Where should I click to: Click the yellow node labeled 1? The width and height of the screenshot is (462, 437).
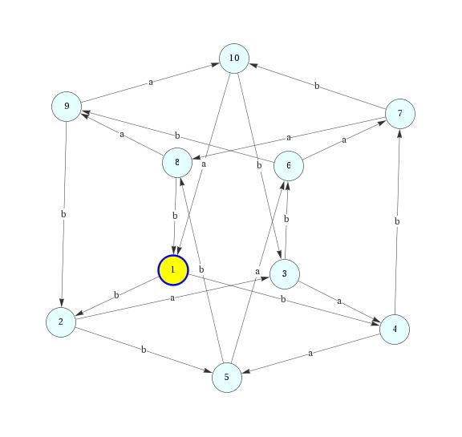pyautogui.click(x=173, y=270)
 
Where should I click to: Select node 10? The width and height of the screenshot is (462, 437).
pyautogui.click(x=234, y=59)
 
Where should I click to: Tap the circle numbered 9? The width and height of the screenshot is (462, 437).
pyautogui.click(x=67, y=107)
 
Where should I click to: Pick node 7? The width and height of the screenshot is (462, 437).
pyautogui.click(x=400, y=114)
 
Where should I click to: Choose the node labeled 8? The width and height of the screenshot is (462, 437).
pyautogui.click(x=177, y=163)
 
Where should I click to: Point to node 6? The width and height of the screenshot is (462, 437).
pyautogui.click(x=289, y=166)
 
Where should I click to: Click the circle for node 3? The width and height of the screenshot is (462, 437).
pyautogui.click(x=285, y=274)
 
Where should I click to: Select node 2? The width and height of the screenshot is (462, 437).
pyautogui.click(x=61, y=322)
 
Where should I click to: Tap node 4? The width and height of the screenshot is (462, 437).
pyautogui.click(x=395, y=330)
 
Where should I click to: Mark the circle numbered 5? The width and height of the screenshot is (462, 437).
pyautogui.click(x=227, y=377)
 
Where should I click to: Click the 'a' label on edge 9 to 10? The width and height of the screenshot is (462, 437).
pyautogui.click(x=151, y=82)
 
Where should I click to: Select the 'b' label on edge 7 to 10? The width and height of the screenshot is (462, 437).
pyautogui.click(x=317, y=86)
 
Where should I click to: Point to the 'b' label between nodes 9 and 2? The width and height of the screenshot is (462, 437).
pyautogui.click(x=63, y=214)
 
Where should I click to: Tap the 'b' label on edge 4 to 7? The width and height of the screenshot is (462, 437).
pyautogui.click(x=397, y=221)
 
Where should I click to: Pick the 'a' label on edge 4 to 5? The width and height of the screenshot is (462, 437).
pyautogui.click(x=310, y=353)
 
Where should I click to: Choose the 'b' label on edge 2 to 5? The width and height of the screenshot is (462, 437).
pyautogui.click(x=144, y=350)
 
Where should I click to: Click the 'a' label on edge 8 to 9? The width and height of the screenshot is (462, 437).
pyautogui.click(x=122, y=135)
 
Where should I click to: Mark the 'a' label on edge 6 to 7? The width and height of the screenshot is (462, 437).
pyautogui.click(x=344, y=140)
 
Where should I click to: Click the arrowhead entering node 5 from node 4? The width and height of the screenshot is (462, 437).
pyautogui.click(x=246, y=371)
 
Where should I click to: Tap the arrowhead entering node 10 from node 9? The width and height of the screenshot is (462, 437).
pyautogui.click(x=216, y=64)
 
